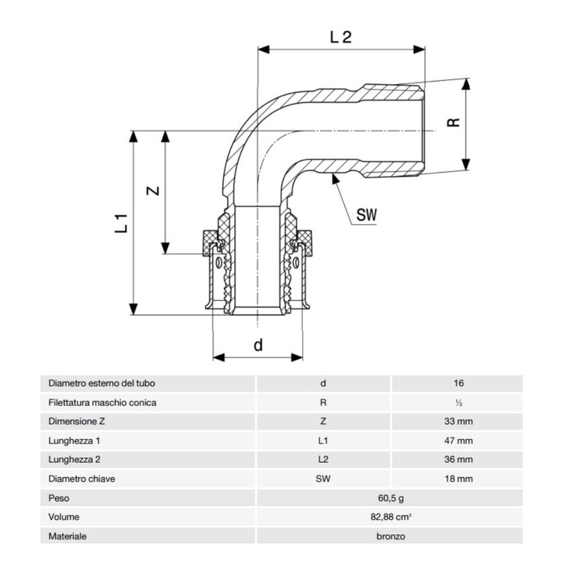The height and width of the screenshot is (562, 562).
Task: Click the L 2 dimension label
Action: point(340,37)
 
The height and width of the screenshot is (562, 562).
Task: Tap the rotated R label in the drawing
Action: point(453,123)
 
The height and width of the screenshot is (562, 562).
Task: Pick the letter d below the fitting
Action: point(259,344)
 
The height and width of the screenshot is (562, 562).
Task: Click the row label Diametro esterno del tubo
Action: point(102,383)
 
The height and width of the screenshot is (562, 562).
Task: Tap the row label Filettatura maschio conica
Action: point(102,402)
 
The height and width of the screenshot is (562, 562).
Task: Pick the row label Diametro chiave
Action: point(82,479)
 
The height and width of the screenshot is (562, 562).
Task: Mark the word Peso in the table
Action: point(59,498)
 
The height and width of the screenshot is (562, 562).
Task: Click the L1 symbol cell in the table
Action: point(323,440)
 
